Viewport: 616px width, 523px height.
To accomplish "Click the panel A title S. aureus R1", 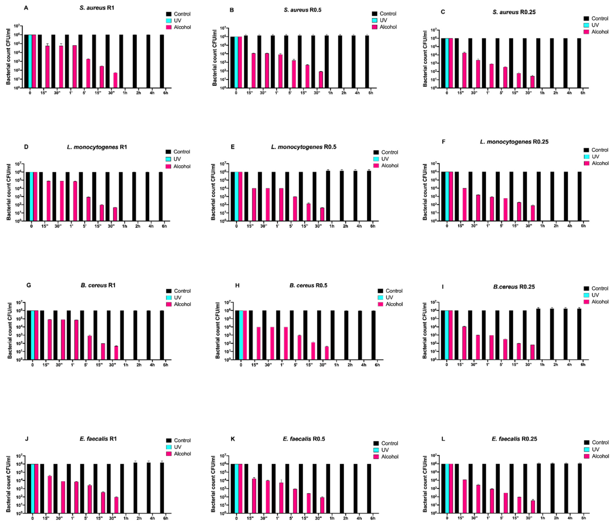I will click(97, 8).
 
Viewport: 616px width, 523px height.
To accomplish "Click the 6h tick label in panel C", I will click(583, 93).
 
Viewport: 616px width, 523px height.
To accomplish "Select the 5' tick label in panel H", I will click(296, 365).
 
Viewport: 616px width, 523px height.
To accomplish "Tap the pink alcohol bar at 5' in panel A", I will click(88, 73).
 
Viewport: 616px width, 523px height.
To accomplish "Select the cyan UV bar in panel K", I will click(237, 488).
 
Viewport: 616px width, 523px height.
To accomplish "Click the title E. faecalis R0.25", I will click(514, 439).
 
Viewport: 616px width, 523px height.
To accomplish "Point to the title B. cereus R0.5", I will click(308, 285).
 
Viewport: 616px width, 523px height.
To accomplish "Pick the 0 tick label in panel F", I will click(447, 226).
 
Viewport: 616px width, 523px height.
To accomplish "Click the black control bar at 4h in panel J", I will click(149, 488).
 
